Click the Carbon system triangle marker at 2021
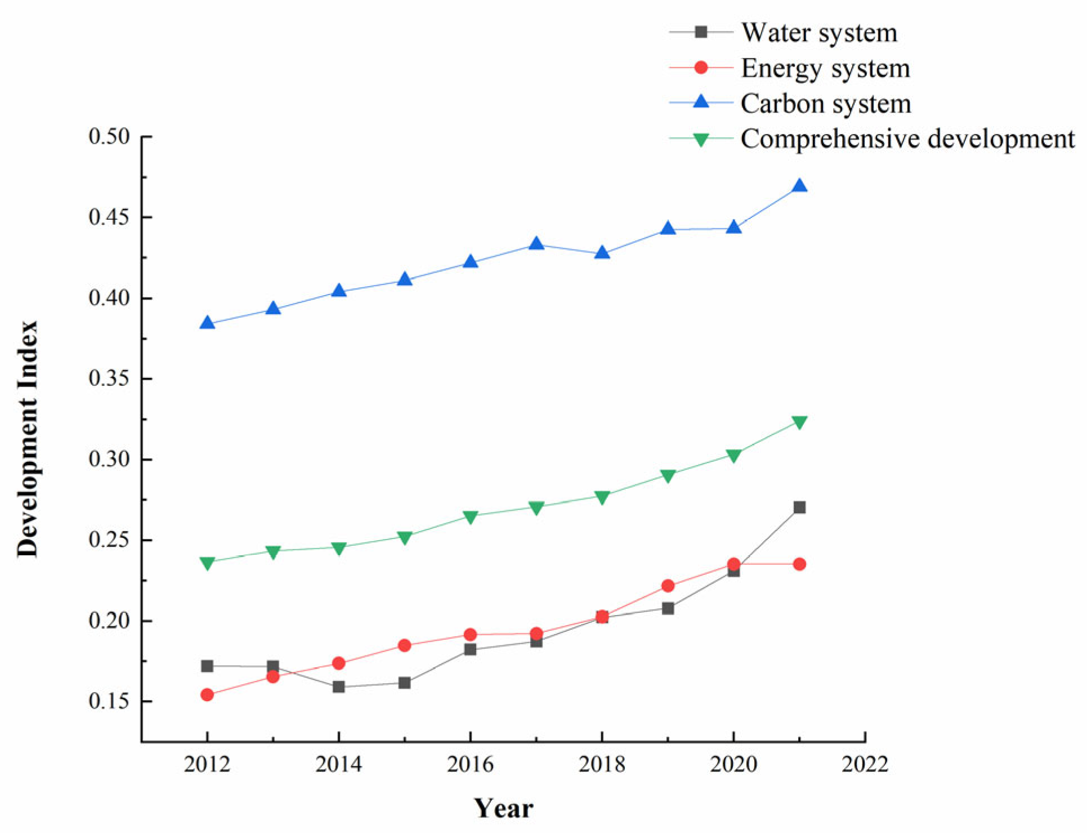pos(799,186)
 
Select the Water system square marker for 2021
pos(799,507)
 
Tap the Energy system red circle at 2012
pos(207,694)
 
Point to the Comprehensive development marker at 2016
pos(470,516)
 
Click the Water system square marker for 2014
pos(338,687)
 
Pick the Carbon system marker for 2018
pos(602,253)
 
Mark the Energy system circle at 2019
pos(668,586)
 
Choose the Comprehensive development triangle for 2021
pos(799,422)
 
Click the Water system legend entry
pos(818,32)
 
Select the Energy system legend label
pos(825,68)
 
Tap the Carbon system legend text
pos(825,104)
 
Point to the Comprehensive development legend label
pos(907,139)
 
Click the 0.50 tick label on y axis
pos(109,136)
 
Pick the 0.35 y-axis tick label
pos(109,378)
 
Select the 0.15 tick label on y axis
pos(109,701)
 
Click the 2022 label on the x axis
pos(865,764)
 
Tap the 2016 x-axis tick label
pos(470,764)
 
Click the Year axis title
pos(503,808)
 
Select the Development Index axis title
pos(27,439)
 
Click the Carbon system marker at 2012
pos(207,323)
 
